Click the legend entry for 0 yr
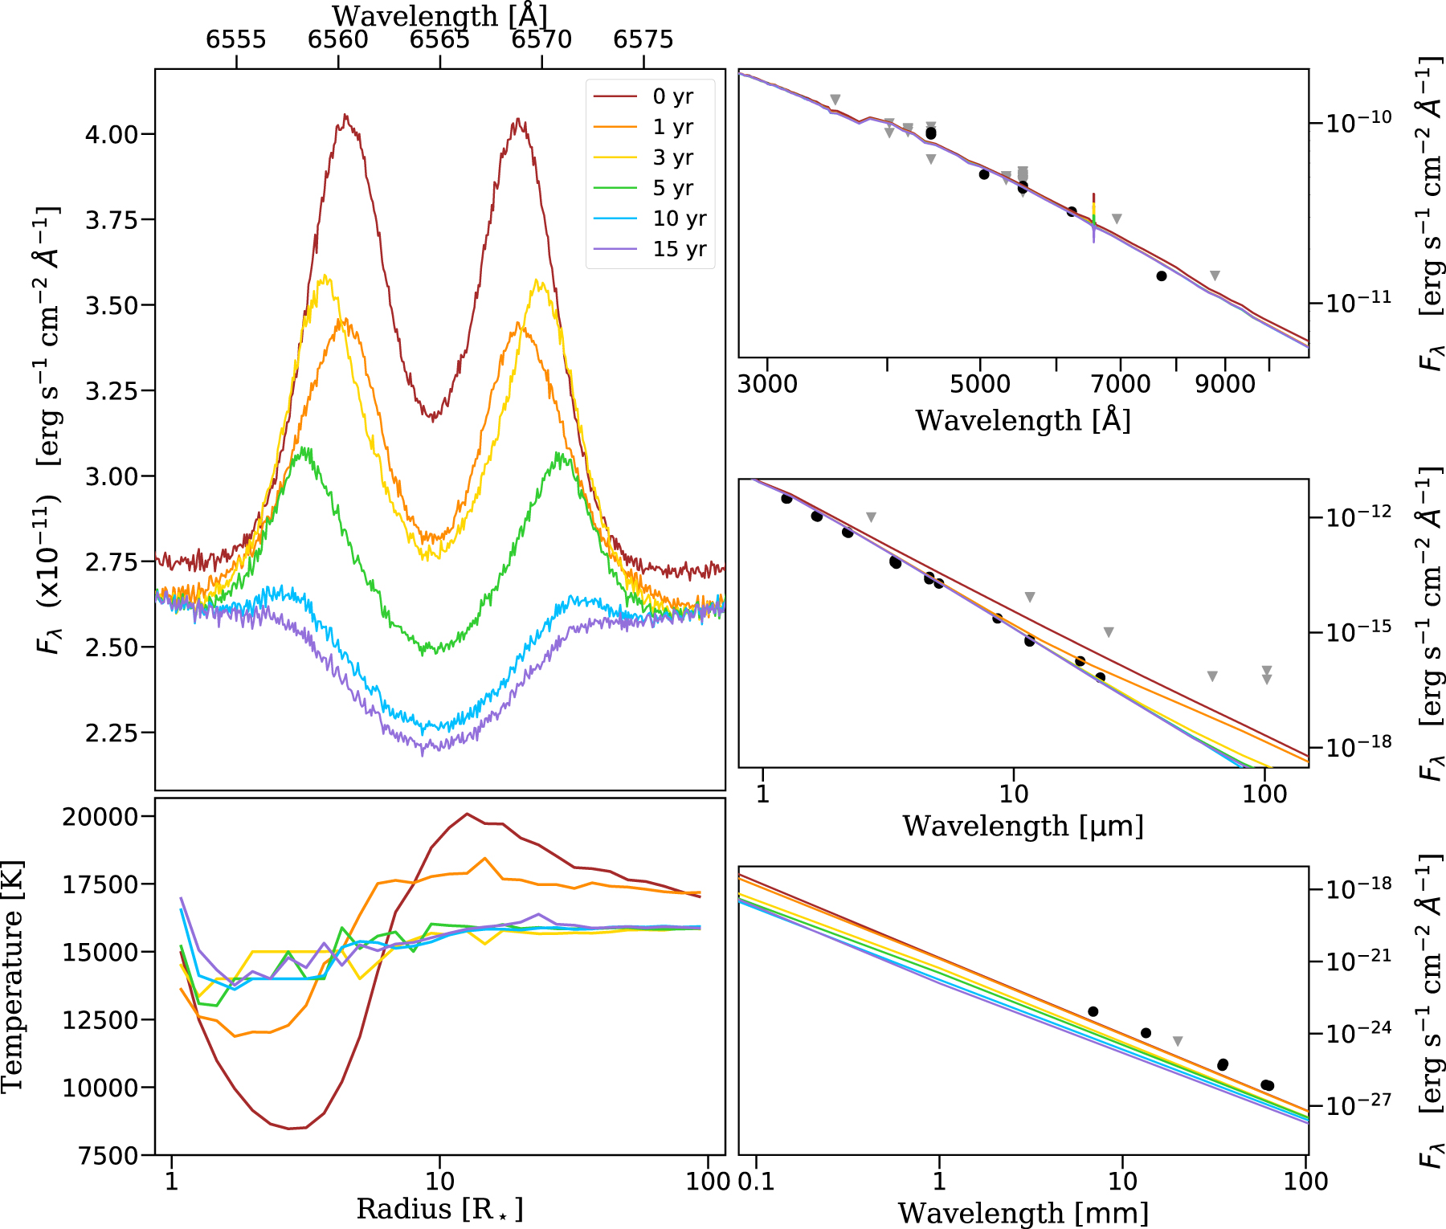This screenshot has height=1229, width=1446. pyautogui.click(x=672, y=97)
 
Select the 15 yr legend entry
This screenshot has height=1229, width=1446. pyautogui.click(x=679, y=249)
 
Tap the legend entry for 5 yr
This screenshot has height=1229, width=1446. pyautogui.click(x=672, y=188)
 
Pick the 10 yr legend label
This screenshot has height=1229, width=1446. pyautogui.click(x=679, y=218)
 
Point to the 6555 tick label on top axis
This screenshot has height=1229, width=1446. pyautogui.click(x=236, y=39)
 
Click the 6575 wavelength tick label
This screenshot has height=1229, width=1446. pyautogui.click(x=643, y=39)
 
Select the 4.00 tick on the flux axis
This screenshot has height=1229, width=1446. pyautogui.click(x=112, y=134)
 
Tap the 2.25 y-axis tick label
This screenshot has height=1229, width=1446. pyautogui.click(x=112, y=733)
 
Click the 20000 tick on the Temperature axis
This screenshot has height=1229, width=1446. pyautogui.click(x=100, y=817)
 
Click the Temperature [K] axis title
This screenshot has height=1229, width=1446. pyautogui.click(x=13, y=976)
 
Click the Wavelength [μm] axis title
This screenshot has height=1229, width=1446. pyautogui.click(x=1023, y=826)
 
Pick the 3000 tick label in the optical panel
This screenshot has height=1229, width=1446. pyautogui.click(x=767, y=384)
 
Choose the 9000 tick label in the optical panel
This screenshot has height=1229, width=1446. pyautogui.click(x=1225, y=384)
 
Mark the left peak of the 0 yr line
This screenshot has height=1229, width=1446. pyautogui.click(x=345, y=116)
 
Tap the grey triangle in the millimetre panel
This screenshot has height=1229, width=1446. pyautogui.click(x=1178, y=1042)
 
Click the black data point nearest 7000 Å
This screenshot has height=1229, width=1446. pyautogui.click(x=1071, y=211)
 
